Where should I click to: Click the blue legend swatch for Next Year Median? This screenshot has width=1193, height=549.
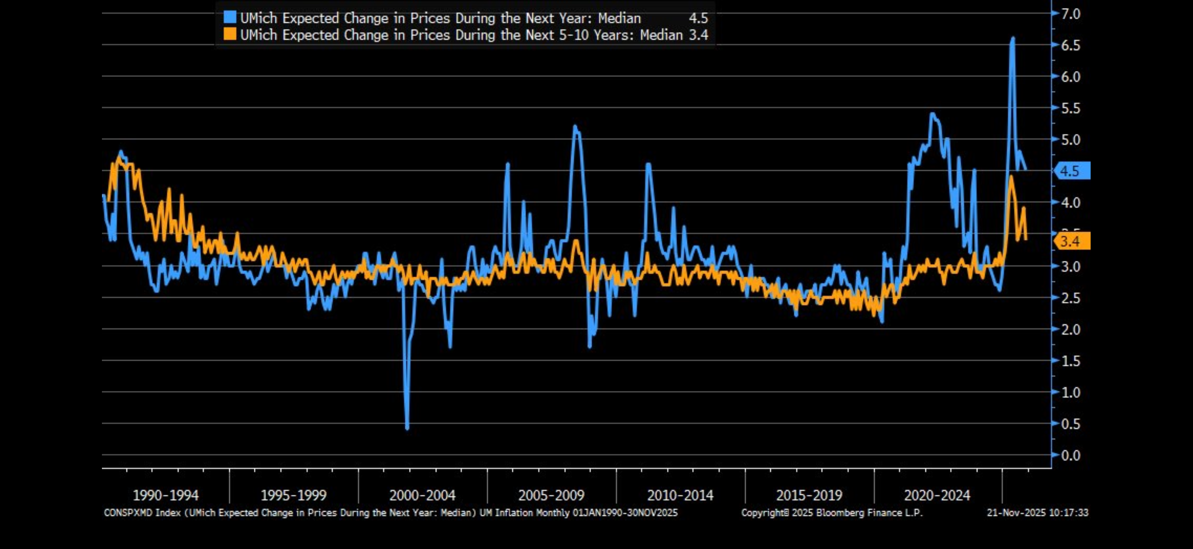pos(230,18)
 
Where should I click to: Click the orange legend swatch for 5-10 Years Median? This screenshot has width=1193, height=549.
pos(230,34)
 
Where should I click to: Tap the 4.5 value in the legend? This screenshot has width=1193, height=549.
pos(698,18)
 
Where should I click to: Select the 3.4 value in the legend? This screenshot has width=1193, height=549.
pos(698,35)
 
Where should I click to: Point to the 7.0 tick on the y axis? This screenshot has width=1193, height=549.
pos(1070,14)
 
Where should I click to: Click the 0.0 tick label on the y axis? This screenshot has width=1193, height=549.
pos(1070,455)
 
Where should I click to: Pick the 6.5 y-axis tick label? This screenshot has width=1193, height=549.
pos(1070,46)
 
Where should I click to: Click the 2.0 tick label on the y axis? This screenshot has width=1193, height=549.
pos(1070,330)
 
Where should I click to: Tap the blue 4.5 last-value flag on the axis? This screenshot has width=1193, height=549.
pos(1072,171)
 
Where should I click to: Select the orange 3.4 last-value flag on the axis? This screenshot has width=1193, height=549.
pos(1072,241)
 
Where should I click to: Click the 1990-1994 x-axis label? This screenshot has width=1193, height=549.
pos(165,495)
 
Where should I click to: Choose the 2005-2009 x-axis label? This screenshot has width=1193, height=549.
pos(551,495)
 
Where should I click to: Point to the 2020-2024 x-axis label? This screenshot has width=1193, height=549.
pos(937,495)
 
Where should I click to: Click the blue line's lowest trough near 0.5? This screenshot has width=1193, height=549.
pos(407,427)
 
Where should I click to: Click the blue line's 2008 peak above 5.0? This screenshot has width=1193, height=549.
pos(575,126)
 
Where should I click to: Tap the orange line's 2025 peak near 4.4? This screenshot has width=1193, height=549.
pos(1011,177)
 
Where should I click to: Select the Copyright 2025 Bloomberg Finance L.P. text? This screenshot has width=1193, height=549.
pos(832,513)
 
